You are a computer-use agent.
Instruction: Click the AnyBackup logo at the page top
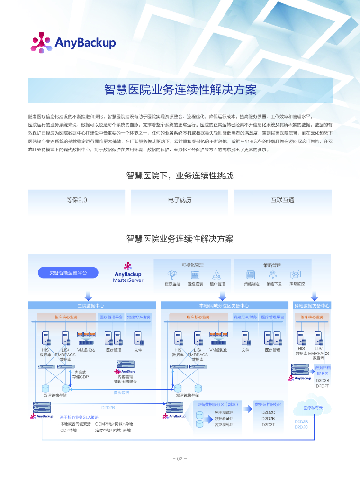coord(73,42)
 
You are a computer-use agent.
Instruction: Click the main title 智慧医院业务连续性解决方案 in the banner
coord(180,90)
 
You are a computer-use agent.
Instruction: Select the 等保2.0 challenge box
coord(77,200)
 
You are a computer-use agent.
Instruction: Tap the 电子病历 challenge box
coord(180,200)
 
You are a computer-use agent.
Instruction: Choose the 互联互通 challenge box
coord(283,200)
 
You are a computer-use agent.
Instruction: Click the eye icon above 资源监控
coord(172,274)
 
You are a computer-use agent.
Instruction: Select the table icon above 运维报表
coord(195,274)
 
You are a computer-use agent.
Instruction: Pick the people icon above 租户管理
coord(217,274)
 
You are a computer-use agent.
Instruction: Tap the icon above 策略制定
coord(251,274)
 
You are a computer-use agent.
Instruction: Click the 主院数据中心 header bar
coord(91,306)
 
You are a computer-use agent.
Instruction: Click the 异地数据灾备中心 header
coord(312,306)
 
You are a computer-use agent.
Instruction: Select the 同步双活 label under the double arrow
coord(121,393)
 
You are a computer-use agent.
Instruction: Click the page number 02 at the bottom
coord(180,458)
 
